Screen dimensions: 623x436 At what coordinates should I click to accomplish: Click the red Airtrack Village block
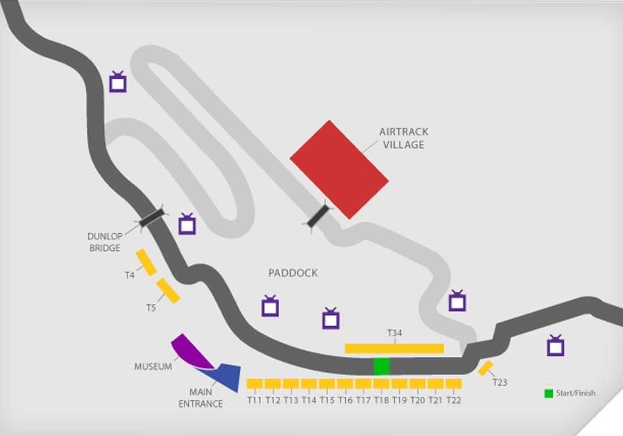point(339,169)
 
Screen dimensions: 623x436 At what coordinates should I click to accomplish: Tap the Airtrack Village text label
point(404,138)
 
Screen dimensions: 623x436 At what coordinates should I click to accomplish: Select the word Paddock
point(293,273)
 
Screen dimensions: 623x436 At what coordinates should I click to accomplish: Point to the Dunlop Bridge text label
point(104,242)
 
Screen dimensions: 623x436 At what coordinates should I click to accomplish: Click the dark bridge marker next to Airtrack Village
point(318,216)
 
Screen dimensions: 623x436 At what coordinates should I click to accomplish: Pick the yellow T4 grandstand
point(146,262)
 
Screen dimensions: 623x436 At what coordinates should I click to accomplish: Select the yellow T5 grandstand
point(168,290)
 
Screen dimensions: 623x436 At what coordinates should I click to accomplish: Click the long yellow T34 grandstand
point(394,348)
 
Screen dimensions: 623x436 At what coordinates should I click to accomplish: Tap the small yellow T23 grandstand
point(485,367)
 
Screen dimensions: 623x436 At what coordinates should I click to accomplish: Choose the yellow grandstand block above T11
point(254,383)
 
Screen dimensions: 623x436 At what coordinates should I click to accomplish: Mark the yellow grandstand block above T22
point(454,383)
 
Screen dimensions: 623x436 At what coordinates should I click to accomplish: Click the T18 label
point(381,400)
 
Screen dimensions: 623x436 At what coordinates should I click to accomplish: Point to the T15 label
point(327,400)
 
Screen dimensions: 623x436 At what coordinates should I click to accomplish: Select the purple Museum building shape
point(189,349)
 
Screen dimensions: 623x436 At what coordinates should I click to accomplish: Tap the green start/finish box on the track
point(381,366)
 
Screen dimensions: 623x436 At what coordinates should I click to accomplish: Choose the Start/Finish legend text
point(575,393)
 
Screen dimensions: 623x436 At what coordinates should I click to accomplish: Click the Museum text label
point(153,367)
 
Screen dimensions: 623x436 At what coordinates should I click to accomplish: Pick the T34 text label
point(394,334)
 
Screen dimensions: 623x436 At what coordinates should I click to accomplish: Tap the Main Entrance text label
point(200,397)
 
